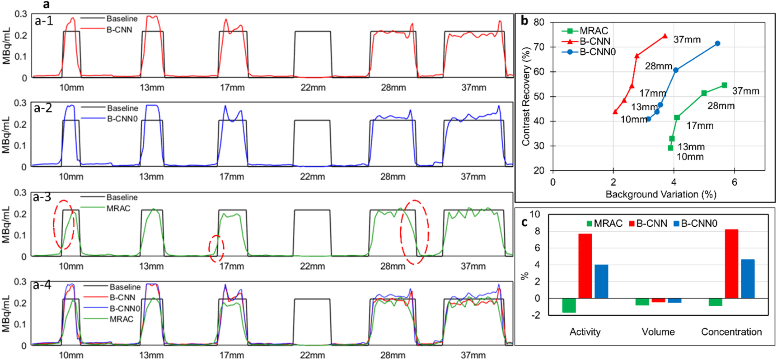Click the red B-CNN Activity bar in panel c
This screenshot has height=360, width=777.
tap(585, 266)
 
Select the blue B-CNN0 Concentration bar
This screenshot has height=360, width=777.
tap(748, 279)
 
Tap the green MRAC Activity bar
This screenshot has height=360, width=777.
tap(569, 305)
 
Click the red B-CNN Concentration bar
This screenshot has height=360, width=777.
tap(731, 264)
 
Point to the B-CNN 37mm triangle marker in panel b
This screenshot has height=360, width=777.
tap(665, 36)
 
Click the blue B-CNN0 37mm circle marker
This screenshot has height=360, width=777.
tap(717, 44)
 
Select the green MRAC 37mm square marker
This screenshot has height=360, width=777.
tap(724, 85)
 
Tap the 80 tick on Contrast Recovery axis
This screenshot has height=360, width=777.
tap(538, 22)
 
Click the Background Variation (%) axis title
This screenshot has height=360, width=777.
tap(660, 195)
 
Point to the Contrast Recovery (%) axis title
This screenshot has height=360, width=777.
tap(525, 97)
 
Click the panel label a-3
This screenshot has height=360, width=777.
tap(42, 197)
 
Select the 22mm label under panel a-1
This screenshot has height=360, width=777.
tap(313, 88)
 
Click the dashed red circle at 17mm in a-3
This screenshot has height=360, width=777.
tap(216, 248)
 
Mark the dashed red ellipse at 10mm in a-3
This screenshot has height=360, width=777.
tap(63, 224)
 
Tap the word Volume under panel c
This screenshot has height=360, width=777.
tap(658, 332)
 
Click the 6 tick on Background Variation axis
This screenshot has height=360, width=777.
tap(734, 182)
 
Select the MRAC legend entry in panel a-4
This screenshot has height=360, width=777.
tap(122, 319)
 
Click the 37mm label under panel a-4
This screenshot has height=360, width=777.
tap(473, 355)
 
